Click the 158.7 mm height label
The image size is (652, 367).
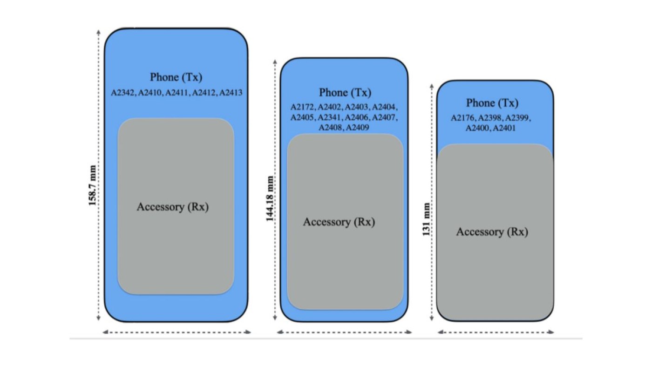(92, 185)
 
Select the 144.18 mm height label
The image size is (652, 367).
(270, 198)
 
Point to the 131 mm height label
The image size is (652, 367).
(426, 219)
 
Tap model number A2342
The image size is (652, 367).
(122, 93)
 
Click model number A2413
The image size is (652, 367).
(231, 93)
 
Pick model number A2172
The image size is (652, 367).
(303, 107)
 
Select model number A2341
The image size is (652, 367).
(330, 117)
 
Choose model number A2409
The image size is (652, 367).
(358, 128)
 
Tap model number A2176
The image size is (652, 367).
(463, 118)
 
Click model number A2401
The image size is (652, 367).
(504, 128)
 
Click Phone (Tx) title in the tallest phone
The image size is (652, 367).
(176, 77)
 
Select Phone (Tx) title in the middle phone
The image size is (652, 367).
(345, 93)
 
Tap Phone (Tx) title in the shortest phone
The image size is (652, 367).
(492, 103)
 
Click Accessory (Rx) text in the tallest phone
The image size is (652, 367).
(173, 207)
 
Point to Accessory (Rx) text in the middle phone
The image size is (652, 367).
(339, 222)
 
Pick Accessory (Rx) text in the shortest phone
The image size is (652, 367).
(492, 232)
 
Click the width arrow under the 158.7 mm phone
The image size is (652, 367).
(177, 332)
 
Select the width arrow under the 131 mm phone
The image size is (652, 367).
(496, 332)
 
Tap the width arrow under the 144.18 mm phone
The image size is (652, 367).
(344, 332)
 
